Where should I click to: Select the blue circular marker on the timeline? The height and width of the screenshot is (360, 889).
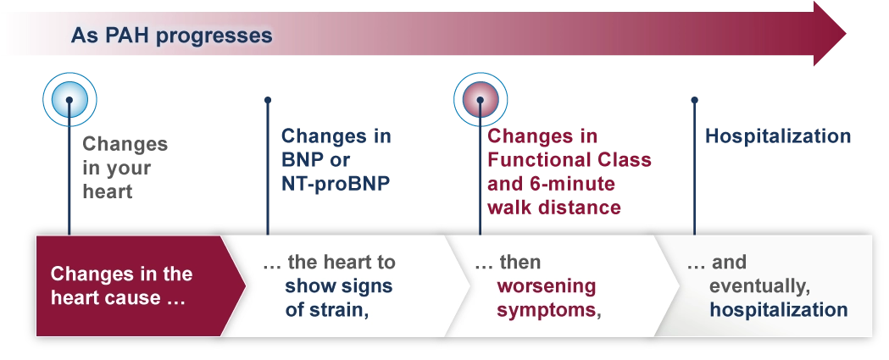[70, 100]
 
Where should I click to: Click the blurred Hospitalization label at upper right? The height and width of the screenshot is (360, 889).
[778, 137]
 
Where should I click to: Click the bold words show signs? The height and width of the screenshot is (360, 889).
[339, 285]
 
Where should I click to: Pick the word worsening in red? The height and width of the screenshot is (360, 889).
[547, 285]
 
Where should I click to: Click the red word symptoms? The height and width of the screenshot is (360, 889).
[546, 309]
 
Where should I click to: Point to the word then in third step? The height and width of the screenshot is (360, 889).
[520, 262]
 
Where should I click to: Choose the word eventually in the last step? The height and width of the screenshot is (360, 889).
[750, 285]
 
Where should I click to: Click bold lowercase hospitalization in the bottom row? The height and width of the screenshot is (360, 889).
[778, 309]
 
